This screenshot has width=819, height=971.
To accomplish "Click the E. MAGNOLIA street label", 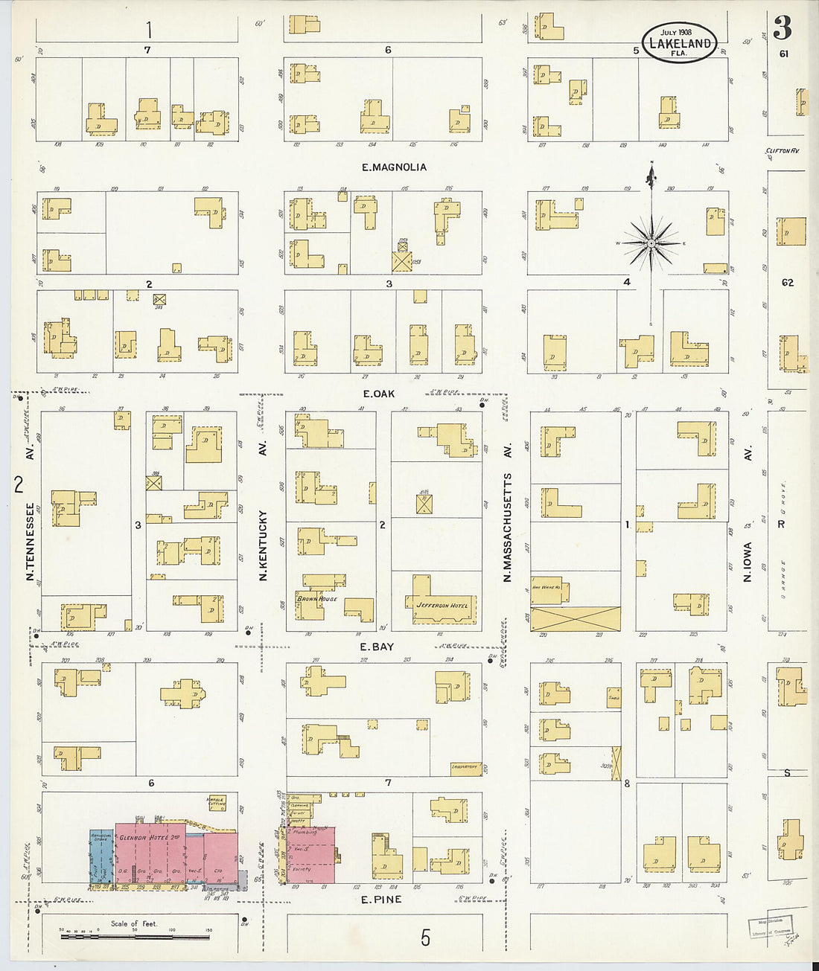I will coord(394,167).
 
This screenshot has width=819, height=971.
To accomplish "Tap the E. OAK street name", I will coord(379,393).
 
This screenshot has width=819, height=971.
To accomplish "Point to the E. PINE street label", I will coord(381,900).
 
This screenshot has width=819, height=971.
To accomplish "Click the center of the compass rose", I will coord(651,243).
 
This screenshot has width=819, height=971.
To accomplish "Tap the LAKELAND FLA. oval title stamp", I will coord(679,42).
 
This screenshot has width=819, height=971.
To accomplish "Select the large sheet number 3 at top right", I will coord(782,28).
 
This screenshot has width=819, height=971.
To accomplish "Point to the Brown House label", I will coord(317,598).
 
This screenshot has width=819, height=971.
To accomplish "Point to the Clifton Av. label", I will coord(782,151).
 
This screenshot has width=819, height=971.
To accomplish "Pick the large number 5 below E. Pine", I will coord(425,938).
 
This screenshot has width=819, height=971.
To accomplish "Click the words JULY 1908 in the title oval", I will coord(676,32).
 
